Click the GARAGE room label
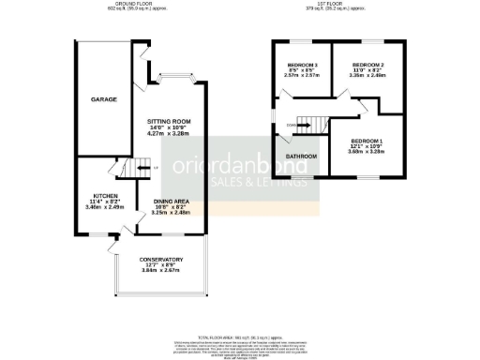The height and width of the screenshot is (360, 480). pyautogui.click(x=103, y=98)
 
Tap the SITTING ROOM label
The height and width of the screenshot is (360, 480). pyautogui.click(x=169, y=121)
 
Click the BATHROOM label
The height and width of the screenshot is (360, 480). pyautogui.click(x=302, y=156)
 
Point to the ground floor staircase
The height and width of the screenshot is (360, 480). pyautogui.click(x=134, y=169)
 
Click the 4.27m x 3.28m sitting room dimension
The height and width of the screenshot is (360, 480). pyautogui.click(x=169, y=134)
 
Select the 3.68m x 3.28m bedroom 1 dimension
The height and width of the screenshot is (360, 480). pyautogui.click(x=367, y=151)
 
